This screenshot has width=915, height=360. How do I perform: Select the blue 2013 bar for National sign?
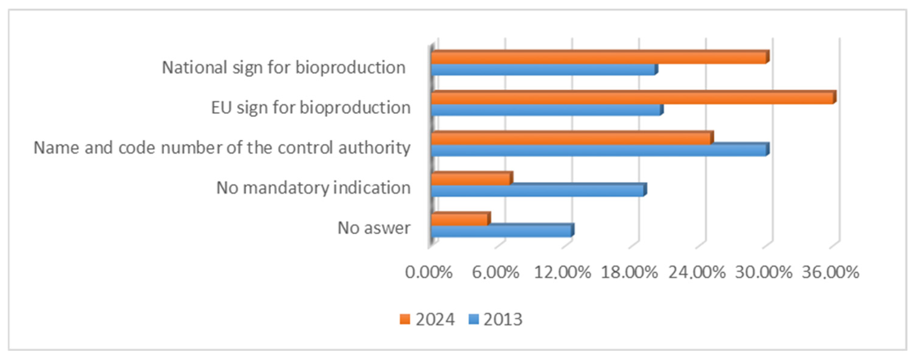(x=543, y=70)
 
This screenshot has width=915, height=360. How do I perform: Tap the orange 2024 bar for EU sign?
(x=632, y=98)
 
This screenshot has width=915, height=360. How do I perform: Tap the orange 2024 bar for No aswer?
(x=460, y=219)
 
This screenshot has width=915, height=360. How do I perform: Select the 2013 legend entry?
(x=495, y=320)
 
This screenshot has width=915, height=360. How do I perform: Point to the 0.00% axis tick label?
(x=429, y=273)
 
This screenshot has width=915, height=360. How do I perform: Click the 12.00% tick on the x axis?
(x=562, y=273)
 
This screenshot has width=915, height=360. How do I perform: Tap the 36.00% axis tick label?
(x=830, y=273)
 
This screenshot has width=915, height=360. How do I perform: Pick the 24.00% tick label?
(x=696, y=273)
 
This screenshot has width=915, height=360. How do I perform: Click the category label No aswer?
(x=374, y=228)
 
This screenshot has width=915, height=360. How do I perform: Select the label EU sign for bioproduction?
(x=311, y=107)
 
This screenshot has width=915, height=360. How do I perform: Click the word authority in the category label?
(x=374, y=147)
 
